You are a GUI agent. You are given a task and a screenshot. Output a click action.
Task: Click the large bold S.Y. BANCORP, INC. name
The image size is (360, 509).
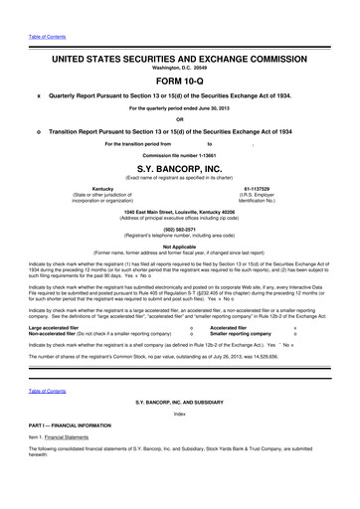click(179, 169)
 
